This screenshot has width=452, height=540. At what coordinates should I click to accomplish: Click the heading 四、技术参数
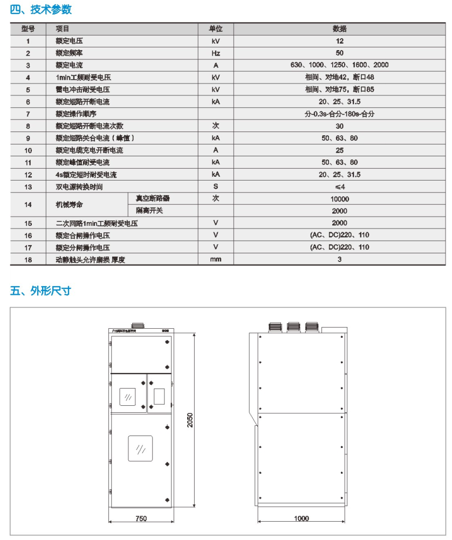[41, 9]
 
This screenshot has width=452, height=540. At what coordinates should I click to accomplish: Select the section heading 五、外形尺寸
[41, 291]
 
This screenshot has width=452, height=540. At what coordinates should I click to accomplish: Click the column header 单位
[216, 29]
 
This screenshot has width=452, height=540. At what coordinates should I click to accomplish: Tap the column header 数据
[339, 29]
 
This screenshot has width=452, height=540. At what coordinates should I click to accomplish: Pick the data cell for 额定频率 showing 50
[339, 53]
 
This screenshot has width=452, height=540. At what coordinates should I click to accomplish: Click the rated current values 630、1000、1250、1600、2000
[339, 65]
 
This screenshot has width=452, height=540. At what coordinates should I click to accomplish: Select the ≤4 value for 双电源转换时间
[339, 187]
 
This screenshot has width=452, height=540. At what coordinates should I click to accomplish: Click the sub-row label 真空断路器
[149, 199]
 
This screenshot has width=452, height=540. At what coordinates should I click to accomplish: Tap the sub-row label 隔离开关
[149, 211]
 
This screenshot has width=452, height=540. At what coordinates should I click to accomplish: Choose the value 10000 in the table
[339, 199]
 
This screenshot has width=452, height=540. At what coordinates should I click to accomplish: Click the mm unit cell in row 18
[216, 260]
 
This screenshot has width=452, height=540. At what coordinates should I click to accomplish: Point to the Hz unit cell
[216, 53]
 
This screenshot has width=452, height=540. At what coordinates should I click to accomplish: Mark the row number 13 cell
[28, 187]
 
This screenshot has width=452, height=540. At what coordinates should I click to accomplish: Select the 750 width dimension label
[141, 518]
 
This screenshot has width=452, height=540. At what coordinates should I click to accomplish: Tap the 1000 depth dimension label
[302, 518]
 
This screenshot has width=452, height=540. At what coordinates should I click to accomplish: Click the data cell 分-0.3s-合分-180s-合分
[339, 114]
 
